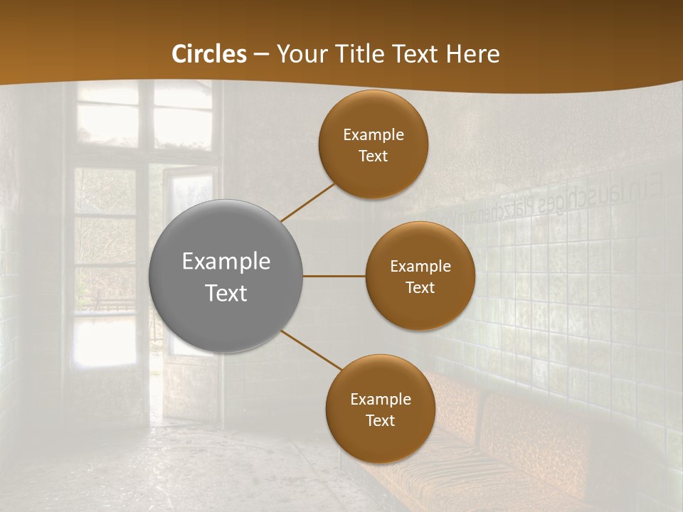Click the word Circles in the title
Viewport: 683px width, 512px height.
coord(209,54)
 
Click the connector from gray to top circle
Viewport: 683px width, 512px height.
coord(307,202)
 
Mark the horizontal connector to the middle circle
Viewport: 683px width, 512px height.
coord(334,276)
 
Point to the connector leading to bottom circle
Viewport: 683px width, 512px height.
coord(312,350)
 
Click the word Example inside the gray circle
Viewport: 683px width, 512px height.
coord(226,262)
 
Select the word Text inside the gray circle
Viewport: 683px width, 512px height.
coord(226,293)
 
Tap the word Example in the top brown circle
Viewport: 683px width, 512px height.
coord(374,135)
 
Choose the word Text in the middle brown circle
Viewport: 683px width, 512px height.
coord(420,288)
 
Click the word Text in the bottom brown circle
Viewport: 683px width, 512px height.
coord(380,421)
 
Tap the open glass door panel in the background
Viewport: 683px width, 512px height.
coord(189,263)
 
